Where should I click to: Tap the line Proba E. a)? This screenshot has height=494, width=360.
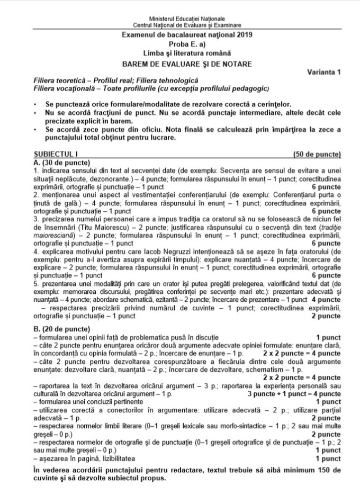[x=180, y=44]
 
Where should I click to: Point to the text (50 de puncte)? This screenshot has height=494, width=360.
[x=317, y=154]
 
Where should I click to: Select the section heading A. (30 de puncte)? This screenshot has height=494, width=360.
[x=60, y=162]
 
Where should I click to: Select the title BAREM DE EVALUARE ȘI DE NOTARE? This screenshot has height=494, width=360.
[x=180, y=64]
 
